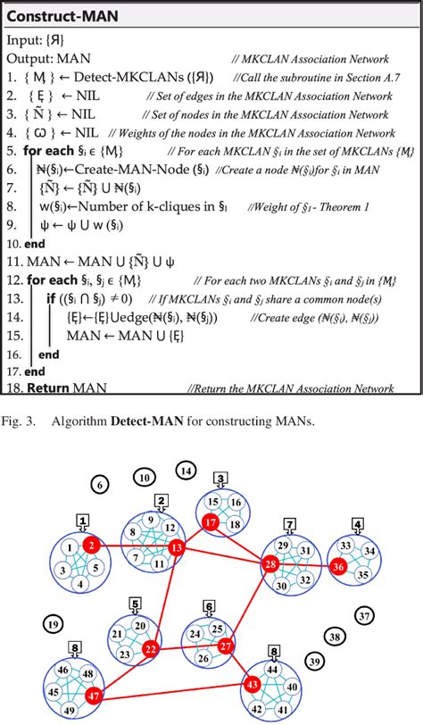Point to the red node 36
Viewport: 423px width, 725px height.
[338, 565]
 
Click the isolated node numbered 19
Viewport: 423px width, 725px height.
[54, 625]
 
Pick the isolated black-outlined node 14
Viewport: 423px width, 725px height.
[186, 469]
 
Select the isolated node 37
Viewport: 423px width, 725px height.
[364, 616]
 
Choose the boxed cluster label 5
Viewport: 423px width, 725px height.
[135, 604]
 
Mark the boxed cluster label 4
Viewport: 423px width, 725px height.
[358, 523]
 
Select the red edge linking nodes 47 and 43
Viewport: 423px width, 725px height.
[170, 688]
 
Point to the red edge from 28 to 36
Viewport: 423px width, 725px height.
[303, 564]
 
